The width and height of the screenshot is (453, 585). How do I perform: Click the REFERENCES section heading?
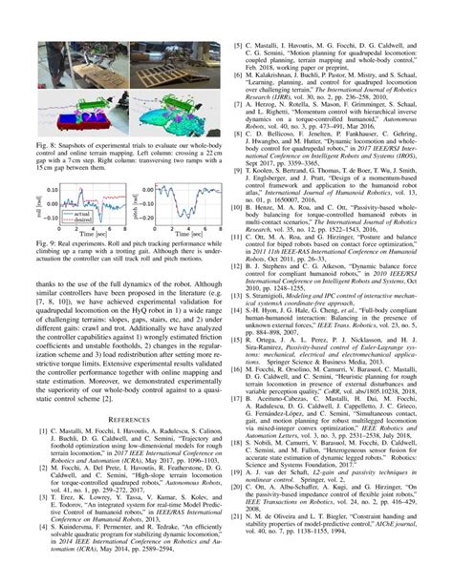[x=117, y=417]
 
